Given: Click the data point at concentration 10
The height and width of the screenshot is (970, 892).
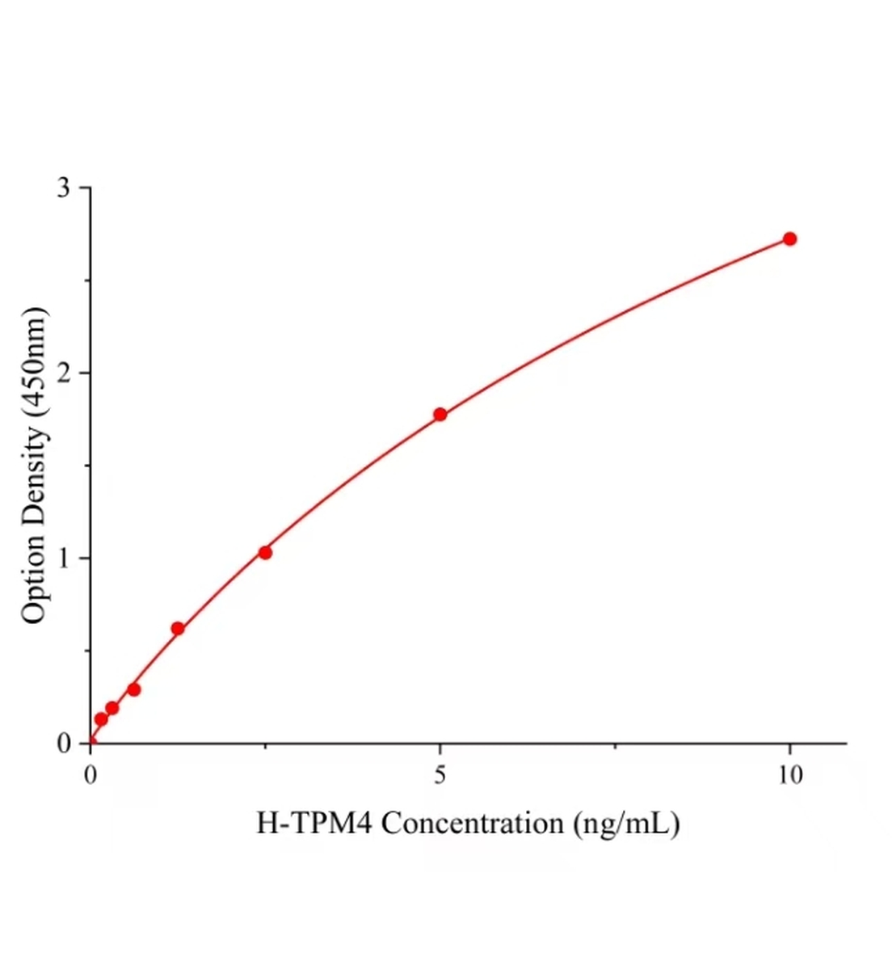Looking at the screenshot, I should click(x=789, y=238).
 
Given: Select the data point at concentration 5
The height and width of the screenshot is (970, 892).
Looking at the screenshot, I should click(x=440, y=415).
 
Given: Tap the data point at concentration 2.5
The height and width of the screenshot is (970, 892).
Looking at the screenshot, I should click(x=265, y=552).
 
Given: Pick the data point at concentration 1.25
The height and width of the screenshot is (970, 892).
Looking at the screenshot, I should click(x=178, y=628).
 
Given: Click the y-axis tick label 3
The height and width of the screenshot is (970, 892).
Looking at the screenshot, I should click(x=64, y=188).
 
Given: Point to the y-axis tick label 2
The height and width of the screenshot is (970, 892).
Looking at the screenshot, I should click(x=64, y=373).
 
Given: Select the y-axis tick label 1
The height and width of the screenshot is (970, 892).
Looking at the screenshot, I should click(x=64, y=558).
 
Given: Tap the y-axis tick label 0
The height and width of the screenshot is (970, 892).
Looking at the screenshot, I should click(x=64, y=744).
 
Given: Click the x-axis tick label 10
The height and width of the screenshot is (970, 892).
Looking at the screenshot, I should click(x=790, y=776).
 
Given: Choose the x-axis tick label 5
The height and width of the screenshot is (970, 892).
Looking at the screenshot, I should click(x=440, y=776).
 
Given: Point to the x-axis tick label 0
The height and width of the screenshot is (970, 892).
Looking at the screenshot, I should click(x=90, y=776).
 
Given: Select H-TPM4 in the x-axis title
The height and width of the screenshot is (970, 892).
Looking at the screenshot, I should click(x=313, y=824).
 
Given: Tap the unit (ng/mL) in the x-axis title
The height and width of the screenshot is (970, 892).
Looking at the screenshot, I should click(x=626, y=824).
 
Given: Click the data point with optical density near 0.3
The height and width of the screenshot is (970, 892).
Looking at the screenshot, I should click(x=134, y=690).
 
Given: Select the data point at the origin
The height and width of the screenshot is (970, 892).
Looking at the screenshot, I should click(x=90, y=742).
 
